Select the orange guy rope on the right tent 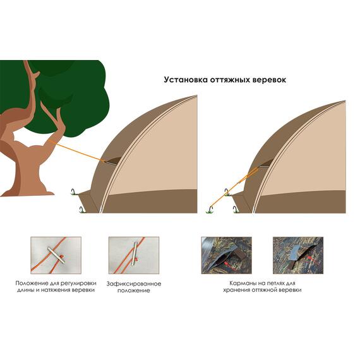(x=234, y=186)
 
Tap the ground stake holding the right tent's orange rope (x=210, y=209)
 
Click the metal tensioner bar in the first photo (x=56, y=255)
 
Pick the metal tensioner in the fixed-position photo (x=135, y=254)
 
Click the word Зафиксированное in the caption (x=134, y=284)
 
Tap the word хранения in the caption (x=236, y=290)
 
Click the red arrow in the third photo (x=231, y=266)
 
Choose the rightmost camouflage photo (x=297, y=255)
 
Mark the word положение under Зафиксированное (x=134, y=291)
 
